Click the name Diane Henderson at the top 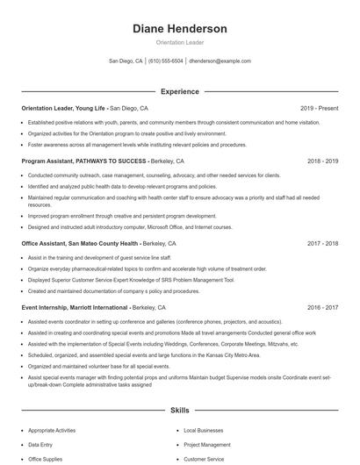tap(179, 28)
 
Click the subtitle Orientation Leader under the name tap(179, 42)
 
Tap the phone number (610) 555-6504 tap(165, 61)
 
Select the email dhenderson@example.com tap(220, 61)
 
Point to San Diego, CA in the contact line tap(126, 61)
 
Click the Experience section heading tap(179, 90)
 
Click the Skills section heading tap(179, 410)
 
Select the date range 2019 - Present tap(319, 108)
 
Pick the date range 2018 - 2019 tap(322, 161)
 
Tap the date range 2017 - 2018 tap(322, 243)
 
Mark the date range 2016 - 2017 tap(322, 308)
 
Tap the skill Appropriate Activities tap(52, 431)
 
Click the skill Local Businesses tap(203, 431)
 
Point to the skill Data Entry tap(40, 445)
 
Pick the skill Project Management tap(207, 445)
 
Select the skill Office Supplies tap(46, 459)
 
